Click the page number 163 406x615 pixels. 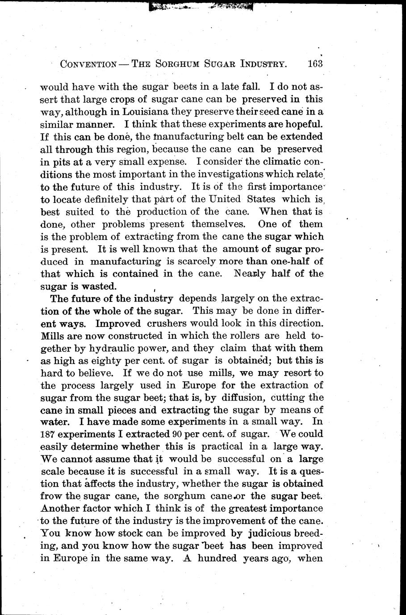[315, 63]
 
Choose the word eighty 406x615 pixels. [102, 360]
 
